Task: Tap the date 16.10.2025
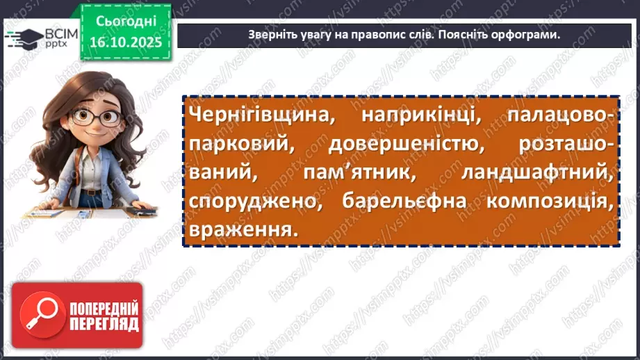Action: pyautogui.click(x=124, y=42)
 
